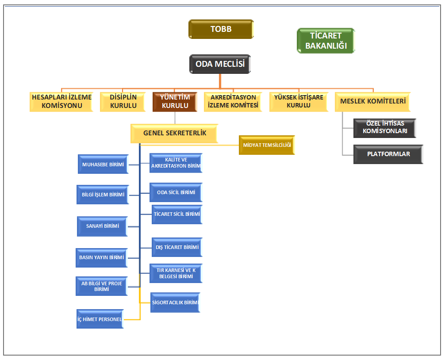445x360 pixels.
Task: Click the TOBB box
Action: [221, 29]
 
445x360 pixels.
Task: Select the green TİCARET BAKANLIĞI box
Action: [326, 41]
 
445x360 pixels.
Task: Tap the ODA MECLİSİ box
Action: [220, 64]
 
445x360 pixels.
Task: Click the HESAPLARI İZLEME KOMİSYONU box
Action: [61, 101]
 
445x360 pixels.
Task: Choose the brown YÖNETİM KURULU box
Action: [175, 101]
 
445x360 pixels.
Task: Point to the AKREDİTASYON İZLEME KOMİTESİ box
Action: [233, 101]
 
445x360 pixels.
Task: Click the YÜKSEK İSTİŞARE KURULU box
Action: [299, 101]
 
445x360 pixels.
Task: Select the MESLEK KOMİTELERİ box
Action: [373, 101]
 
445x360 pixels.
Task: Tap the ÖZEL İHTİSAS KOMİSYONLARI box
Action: [384, 128]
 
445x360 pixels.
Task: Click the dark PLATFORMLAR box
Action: [388, 154]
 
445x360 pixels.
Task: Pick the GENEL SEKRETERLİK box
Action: [174, 133]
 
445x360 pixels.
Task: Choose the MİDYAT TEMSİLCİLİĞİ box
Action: [267, 145]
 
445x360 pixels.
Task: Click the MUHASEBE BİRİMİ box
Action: [103, 165]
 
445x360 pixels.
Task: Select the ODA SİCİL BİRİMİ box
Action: [176, 192]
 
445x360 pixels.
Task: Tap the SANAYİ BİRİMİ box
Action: [103, 226]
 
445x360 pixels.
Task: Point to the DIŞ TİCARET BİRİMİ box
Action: [177, 247]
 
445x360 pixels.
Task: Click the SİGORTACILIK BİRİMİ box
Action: [175, 303]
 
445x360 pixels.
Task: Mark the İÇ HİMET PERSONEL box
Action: [100, 319]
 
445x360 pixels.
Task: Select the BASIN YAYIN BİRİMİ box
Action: [102, 257]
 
